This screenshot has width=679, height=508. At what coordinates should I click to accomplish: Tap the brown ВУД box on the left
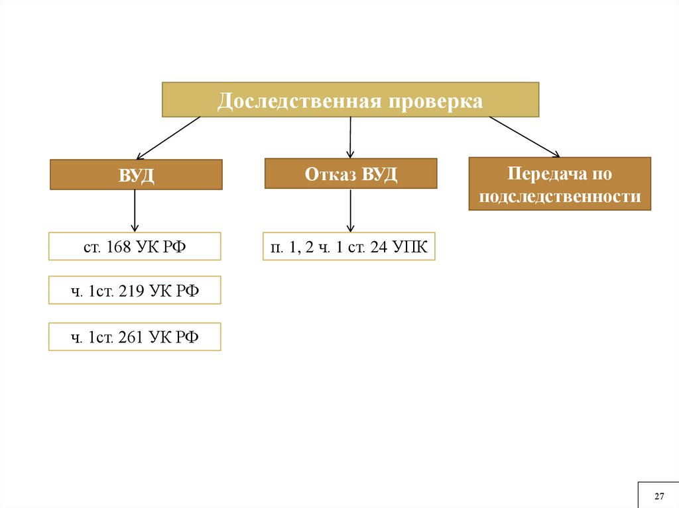[136, 175]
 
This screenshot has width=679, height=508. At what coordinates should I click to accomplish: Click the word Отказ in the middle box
[330, 174]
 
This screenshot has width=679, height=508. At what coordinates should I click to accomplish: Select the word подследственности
[560, 197]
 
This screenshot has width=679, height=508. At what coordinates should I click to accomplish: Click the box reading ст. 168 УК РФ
[135, 246]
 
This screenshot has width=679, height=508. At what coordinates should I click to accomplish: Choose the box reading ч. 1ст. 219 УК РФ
[135, 290]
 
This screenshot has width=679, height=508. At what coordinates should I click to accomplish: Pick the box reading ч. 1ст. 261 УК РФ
[135, 337]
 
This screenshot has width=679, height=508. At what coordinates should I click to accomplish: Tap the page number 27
[659, 497]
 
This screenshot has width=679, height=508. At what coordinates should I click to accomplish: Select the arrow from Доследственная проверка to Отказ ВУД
[350, 137]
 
